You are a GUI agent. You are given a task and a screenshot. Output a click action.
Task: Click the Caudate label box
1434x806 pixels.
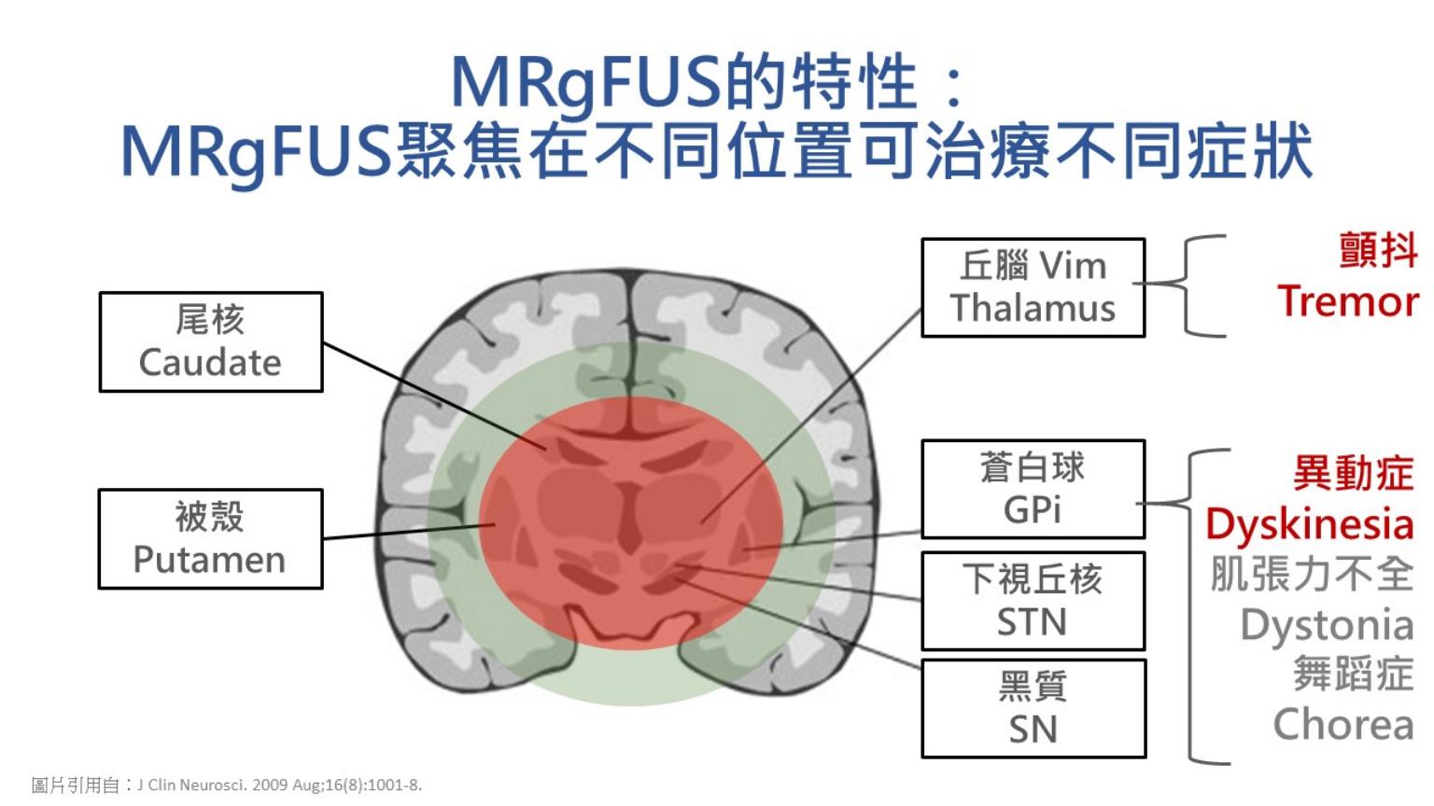tap(211, 341)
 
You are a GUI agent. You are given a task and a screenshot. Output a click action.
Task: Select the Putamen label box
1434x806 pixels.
tap(211, 538)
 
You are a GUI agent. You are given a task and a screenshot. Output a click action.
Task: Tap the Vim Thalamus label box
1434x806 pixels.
tap(1033, 287)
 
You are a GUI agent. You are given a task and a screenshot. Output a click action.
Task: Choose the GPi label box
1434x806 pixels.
tap(1033, 489)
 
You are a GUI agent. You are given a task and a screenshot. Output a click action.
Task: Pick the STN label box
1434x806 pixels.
tap(1033, 601)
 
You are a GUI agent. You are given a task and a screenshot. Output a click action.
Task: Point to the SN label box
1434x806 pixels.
tap(1033, 709)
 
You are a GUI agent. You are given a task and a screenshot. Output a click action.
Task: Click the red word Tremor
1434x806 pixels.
tap(1347, 301)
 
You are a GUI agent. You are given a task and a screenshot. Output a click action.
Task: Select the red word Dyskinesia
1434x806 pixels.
tap(1309, 524)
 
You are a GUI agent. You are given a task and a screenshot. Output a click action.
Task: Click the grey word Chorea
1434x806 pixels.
tap(1343, 724)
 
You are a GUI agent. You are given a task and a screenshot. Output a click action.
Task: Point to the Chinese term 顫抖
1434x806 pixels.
tap(1378, 250)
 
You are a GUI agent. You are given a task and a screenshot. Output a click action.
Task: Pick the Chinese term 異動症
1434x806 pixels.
tap(1353, 473)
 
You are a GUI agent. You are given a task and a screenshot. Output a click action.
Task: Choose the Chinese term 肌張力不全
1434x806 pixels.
tap(1312, 574)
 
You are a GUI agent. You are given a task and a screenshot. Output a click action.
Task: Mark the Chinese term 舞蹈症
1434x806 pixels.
tap(1353, 674)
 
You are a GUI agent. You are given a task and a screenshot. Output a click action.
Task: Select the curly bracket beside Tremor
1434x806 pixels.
tap(1195, 285)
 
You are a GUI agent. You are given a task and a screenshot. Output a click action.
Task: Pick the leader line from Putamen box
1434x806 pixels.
tap(406, 532)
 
